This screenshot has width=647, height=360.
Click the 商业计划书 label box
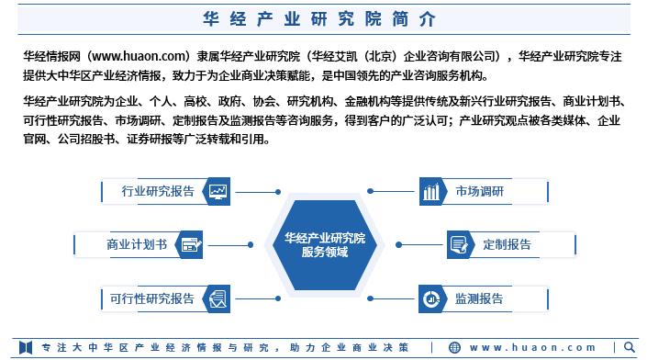coord(137,244)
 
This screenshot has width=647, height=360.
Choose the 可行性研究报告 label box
coord(152,298)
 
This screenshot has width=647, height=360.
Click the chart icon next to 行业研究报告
coord(218,191)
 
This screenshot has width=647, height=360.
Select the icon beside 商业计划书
coord(191,244)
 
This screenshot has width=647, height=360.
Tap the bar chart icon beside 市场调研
coord(431,191)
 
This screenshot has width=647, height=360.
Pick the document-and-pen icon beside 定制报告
coord(459,244)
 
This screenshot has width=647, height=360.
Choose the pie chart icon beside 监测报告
coord(431,298)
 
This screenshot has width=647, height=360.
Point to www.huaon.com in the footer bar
coord(532,346)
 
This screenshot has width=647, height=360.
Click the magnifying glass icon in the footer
coord(630,346)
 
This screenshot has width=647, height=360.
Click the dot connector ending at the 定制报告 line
coord(399,244)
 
